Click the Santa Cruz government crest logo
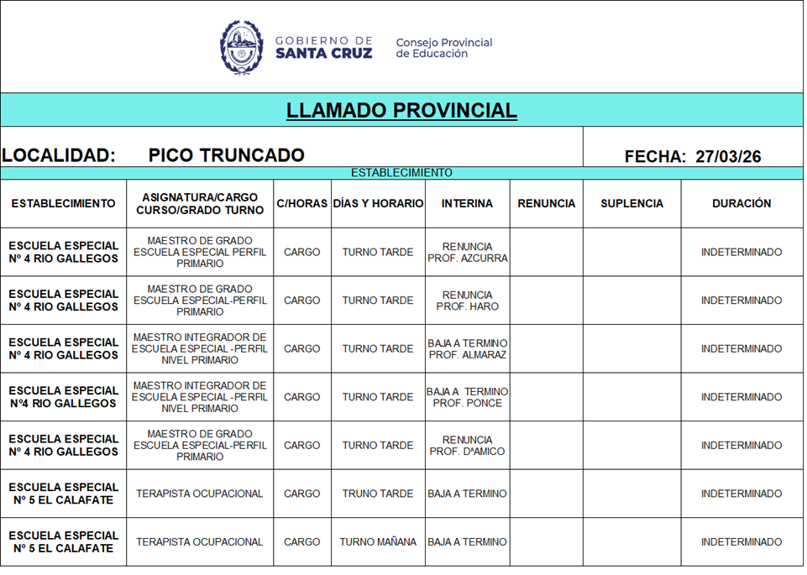[242, 47]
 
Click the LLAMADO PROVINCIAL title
[401, 111]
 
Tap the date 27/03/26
[728, 156]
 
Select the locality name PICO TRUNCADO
[226, 155]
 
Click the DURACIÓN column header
[741, 204]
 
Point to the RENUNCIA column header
[547, 204]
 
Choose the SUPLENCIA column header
[631, 204]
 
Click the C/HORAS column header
[301, 204]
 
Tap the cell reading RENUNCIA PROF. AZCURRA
[468, 253]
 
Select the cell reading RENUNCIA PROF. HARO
[468, 301]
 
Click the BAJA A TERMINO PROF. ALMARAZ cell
[468, 349]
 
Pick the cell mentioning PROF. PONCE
[468, 397]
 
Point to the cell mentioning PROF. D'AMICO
[468, 446]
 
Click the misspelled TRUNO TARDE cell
[378, 494]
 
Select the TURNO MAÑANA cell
[378, 542]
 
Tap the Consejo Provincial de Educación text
[443, 48]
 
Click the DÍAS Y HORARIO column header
[378, 204]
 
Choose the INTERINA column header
[468, 204]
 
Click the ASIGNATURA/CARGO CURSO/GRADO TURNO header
[200, 204]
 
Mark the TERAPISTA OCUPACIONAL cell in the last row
[200, 542]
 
